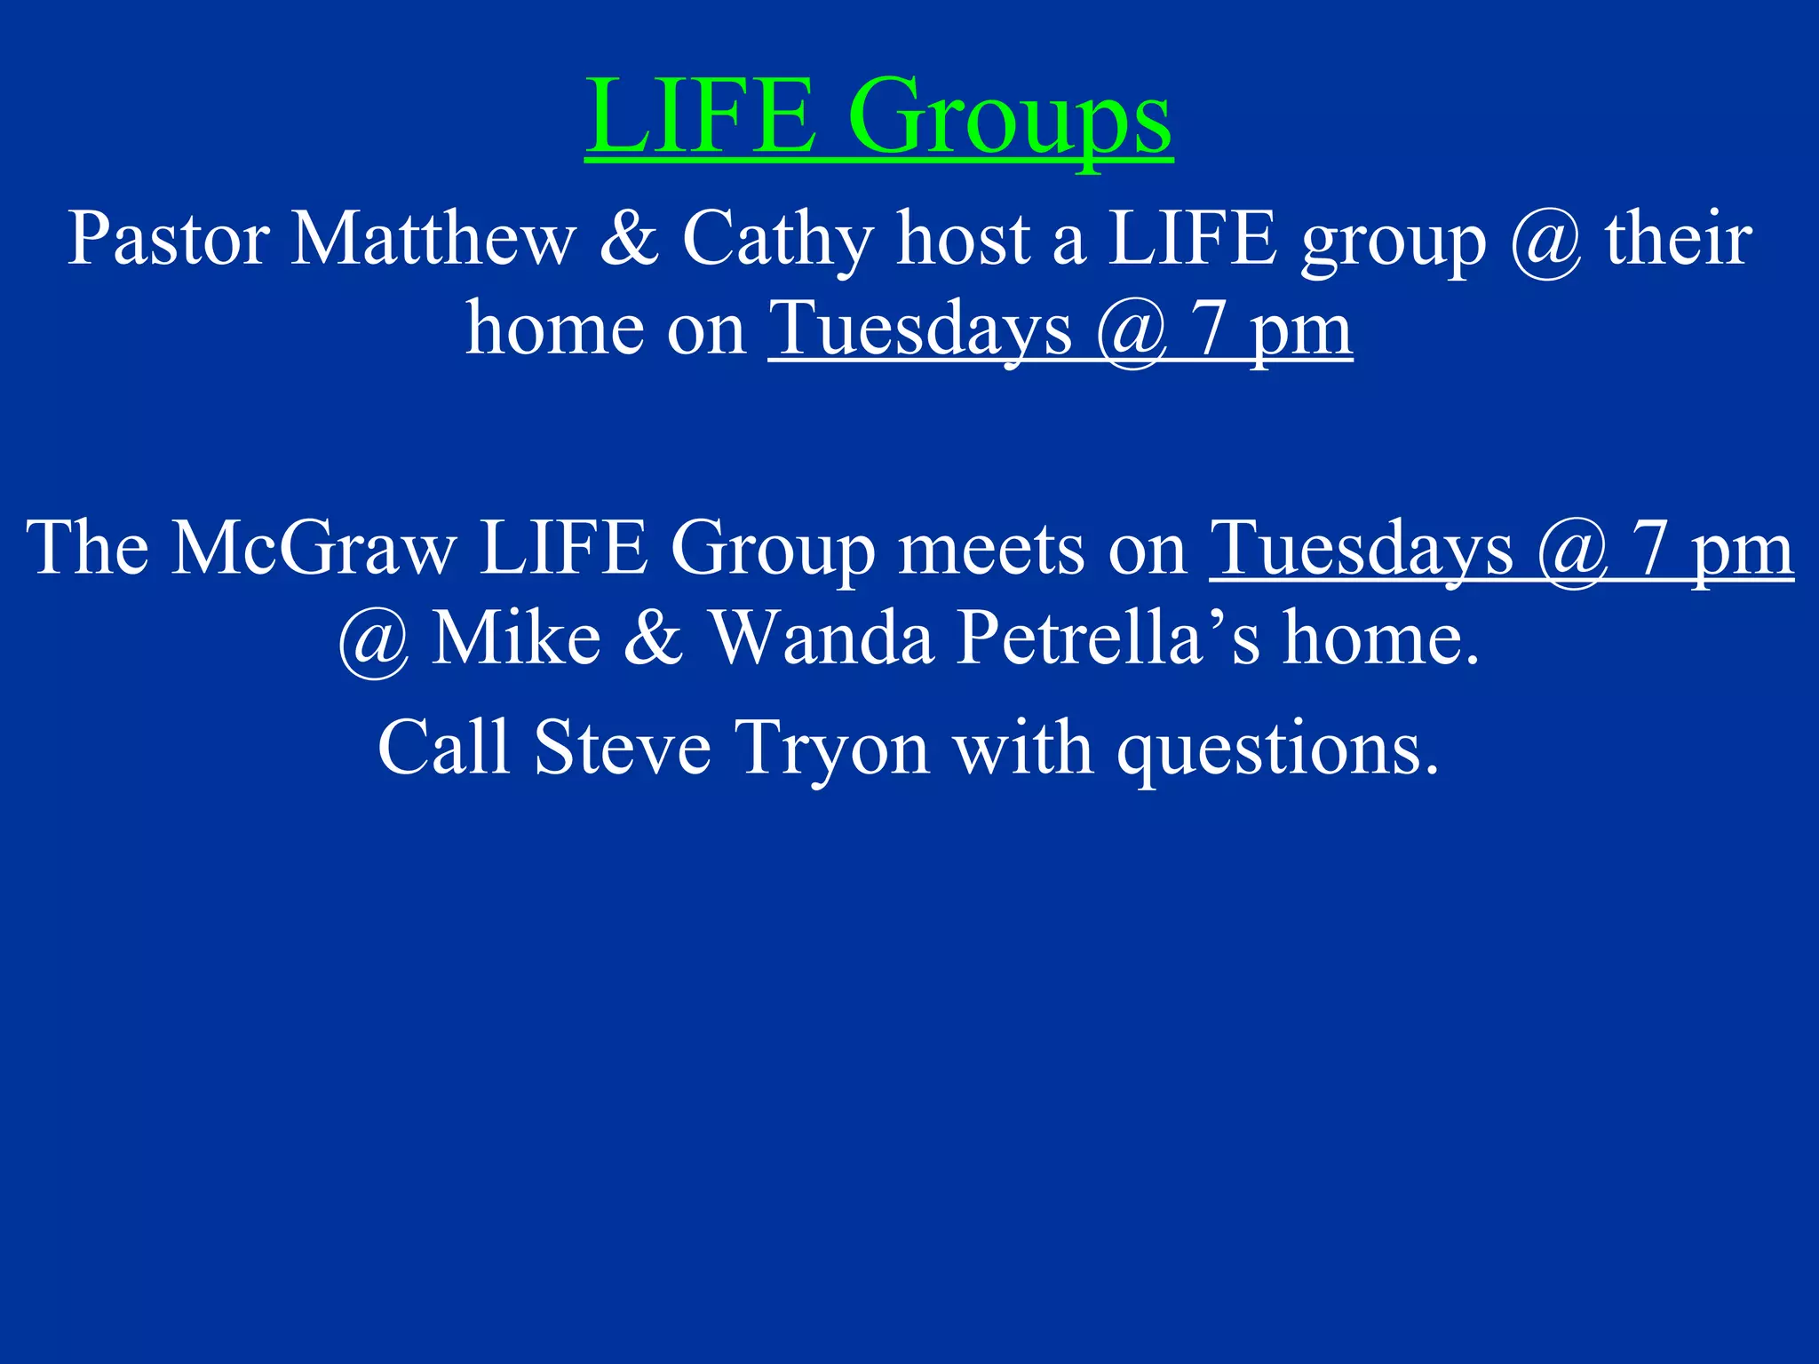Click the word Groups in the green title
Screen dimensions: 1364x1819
pyautogui.click(x=1010, y=118)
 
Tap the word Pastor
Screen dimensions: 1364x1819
pyautogui.click(x=169, y=239)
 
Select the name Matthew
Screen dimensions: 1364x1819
pyautogui.click(x=433, y=239)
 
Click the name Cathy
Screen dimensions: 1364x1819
pyautogui.click(x=778, y=241)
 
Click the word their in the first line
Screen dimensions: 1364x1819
pyautogui.click(x=1678, y=239)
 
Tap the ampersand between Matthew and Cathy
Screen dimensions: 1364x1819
pyautogui.click(x=629, y=239)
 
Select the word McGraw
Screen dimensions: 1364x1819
pyautogui.click(x=314, y=548)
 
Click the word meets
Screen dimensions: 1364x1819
pyautogui.click(x=992, y=550)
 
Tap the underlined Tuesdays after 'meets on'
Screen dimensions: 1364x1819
pyautogui.click(x=1361, y=550)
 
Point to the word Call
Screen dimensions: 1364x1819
pyautogui.click(x=443, y=748)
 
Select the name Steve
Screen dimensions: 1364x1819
pyautogui.click(x=623, y=748)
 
